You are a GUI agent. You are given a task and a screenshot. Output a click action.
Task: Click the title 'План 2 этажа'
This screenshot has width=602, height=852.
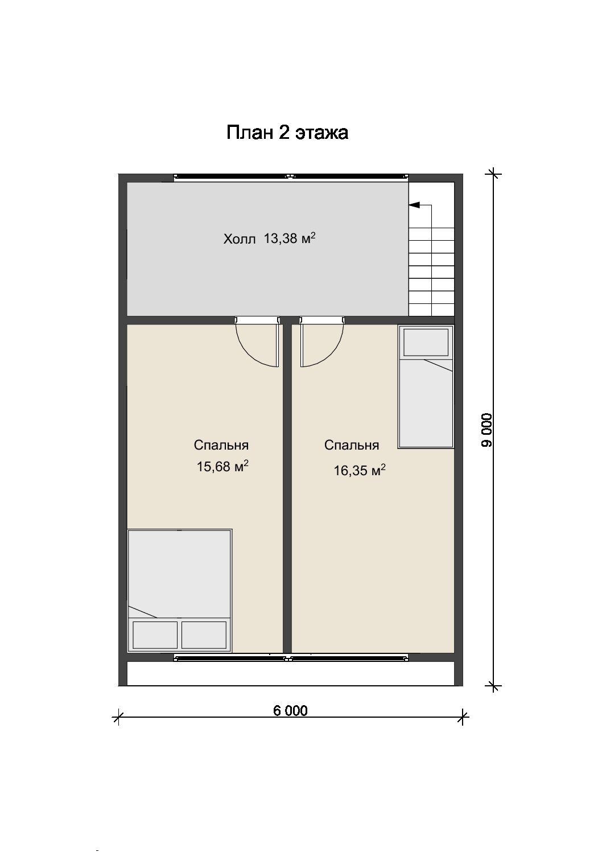[x=287, y=133]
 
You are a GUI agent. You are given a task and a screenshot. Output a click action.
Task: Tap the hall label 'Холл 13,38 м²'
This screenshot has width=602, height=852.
[x=269, y=238]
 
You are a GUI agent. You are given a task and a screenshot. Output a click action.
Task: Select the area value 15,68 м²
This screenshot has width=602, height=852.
[x=222, y=466]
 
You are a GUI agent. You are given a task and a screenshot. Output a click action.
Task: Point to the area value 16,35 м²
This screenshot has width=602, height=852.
[x=360, y=470]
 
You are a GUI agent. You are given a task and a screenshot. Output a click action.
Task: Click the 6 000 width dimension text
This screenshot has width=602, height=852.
[x=291, y=710]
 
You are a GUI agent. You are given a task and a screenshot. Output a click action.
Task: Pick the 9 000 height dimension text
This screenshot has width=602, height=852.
[x=486, y=430]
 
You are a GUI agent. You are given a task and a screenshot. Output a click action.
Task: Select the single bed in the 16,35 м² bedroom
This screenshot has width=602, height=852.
[x=426, y=386]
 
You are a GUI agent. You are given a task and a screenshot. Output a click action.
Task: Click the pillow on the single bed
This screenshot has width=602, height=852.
[x=426, y=342]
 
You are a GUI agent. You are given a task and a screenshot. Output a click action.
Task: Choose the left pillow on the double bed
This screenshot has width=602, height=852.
[x=155, y=635]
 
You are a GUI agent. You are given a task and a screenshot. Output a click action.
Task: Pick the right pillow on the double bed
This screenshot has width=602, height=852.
[x=204, y=635]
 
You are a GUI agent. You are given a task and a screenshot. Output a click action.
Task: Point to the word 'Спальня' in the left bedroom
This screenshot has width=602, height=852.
[x=221, y=445]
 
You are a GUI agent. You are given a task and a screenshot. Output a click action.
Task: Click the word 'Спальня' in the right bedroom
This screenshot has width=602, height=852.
[x=352, y=445]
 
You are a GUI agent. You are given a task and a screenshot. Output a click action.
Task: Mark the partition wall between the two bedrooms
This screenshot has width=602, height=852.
[x=287, y=489]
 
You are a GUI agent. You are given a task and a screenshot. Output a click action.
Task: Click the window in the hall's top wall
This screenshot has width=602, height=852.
[x=291, y=176]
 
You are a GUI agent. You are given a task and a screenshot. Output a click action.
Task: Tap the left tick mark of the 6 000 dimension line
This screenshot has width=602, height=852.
[x=119, y=717]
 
